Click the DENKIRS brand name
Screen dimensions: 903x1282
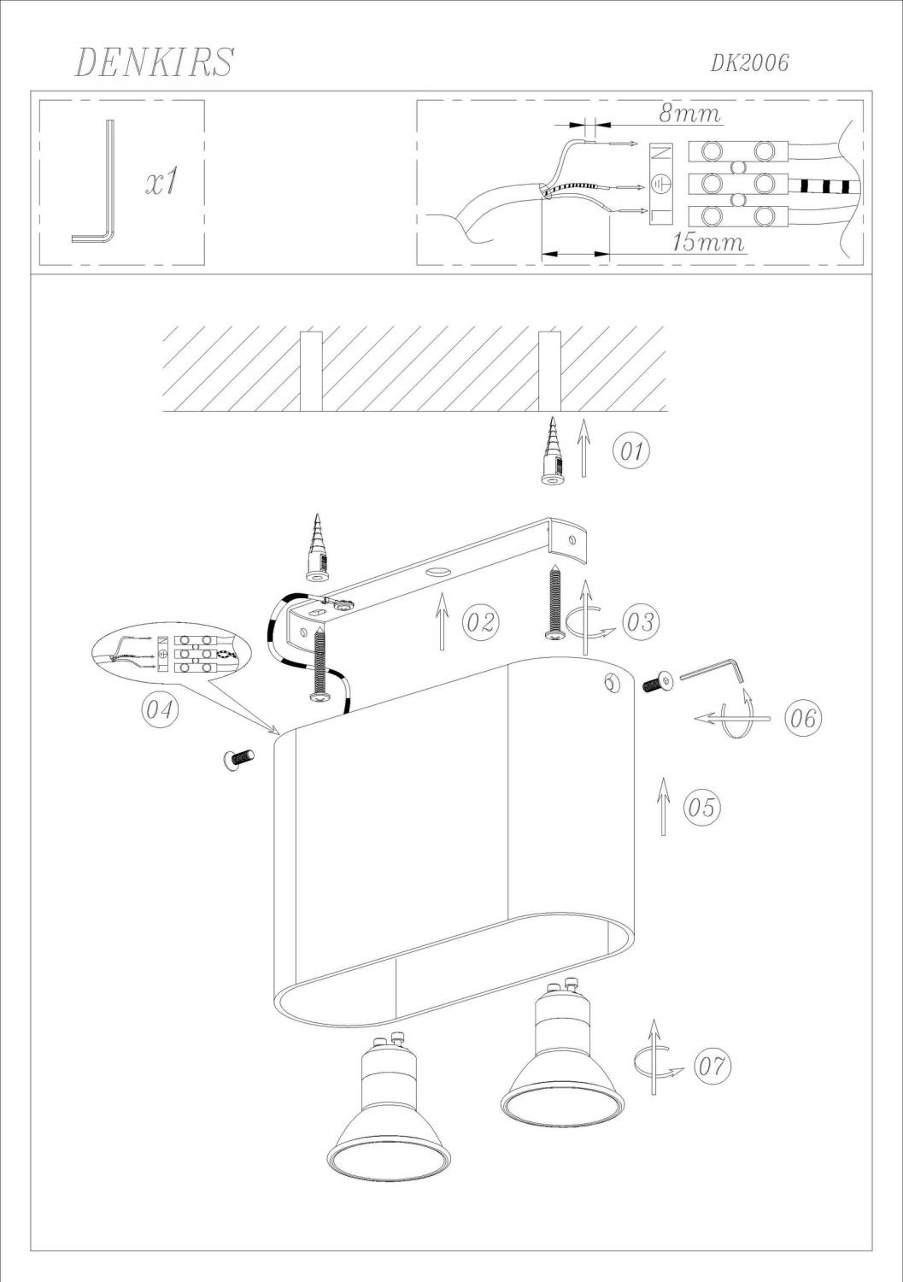point(154,62)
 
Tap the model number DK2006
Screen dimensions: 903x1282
point(749,63)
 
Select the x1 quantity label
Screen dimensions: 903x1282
point(162,183)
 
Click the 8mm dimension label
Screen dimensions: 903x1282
point(689,114)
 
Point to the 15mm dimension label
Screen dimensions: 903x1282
point(708,242)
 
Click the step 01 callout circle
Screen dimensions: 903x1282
point(631,451)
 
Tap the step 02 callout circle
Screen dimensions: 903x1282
point(481,621)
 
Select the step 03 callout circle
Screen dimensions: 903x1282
point(640,621)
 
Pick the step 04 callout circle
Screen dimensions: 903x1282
point(160,710)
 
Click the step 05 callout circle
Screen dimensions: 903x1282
point(701,808)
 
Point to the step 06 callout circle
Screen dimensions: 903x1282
point(802,718)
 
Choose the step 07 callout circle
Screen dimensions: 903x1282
point(713,1066)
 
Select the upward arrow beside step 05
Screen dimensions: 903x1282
point(663,807)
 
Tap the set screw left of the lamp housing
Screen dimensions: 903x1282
point(238,760)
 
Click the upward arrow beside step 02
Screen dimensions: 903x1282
point(441,621)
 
